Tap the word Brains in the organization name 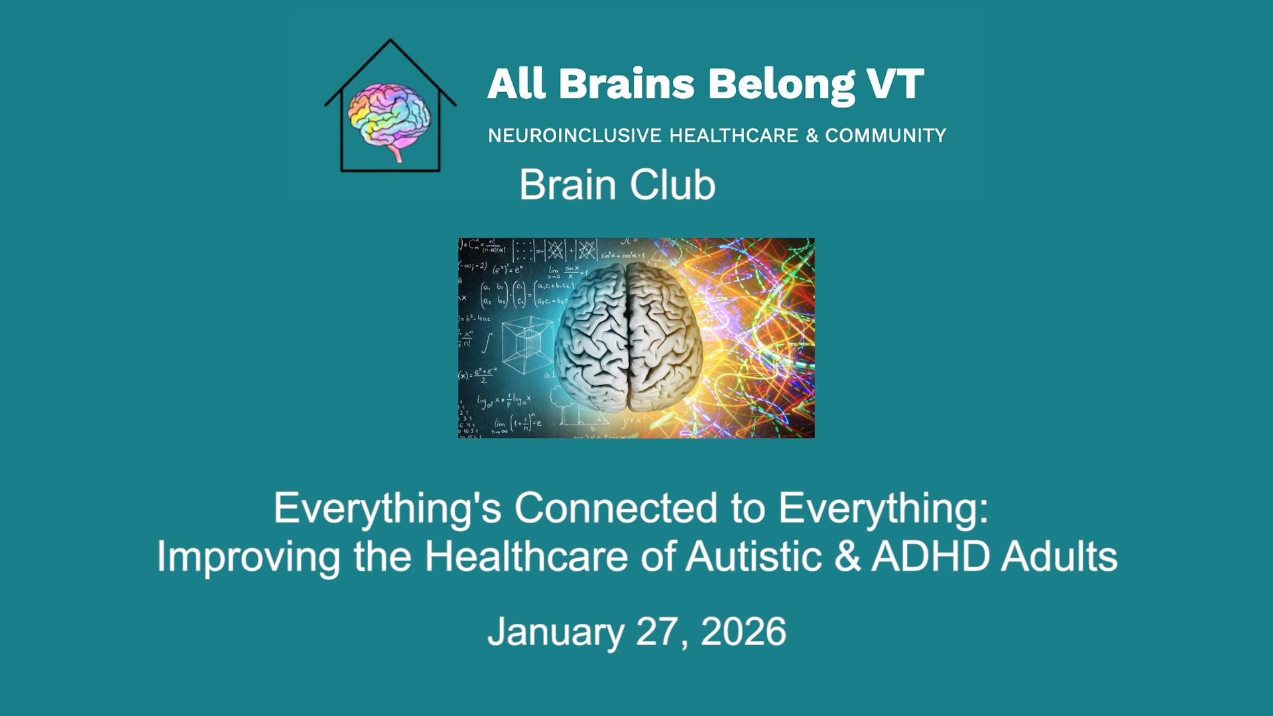(626, 85)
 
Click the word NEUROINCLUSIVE (575, 135)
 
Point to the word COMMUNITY (885, 135)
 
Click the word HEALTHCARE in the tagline (733, 135)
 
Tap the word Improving (249, 557)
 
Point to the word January (556, 632)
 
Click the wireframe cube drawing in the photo (527, 343)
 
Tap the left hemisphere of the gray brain (592, 338)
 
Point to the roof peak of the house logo (390, 41)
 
